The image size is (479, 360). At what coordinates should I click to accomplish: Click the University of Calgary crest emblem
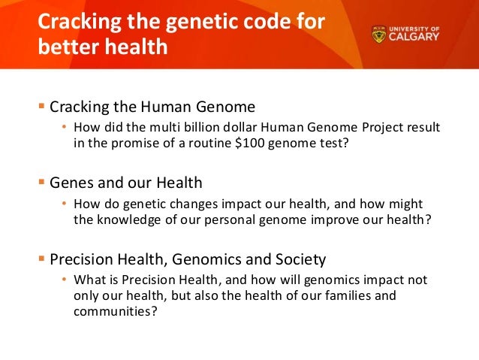tap(381, 35)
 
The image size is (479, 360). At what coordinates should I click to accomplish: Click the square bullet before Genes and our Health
tap(42, 182)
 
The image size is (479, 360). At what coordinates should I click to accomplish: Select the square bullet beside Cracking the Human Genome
tap(42, 106)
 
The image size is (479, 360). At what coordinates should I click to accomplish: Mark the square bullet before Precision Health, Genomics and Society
tap(42, 259)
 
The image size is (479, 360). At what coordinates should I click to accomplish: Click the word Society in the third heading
tap(301, 259)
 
